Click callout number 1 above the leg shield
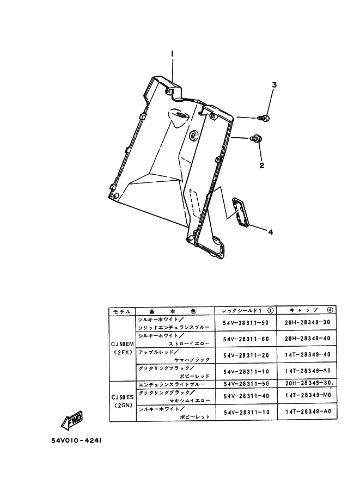[x=172, y=54]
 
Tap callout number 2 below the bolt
[x=261, y=165]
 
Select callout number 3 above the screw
[x=274, y=85]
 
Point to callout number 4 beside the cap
[x=270, y=231]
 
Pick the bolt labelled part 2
[x=256, y=139]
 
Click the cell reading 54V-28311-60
[x=246, y=339]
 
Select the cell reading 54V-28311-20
[x=246, y=354]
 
